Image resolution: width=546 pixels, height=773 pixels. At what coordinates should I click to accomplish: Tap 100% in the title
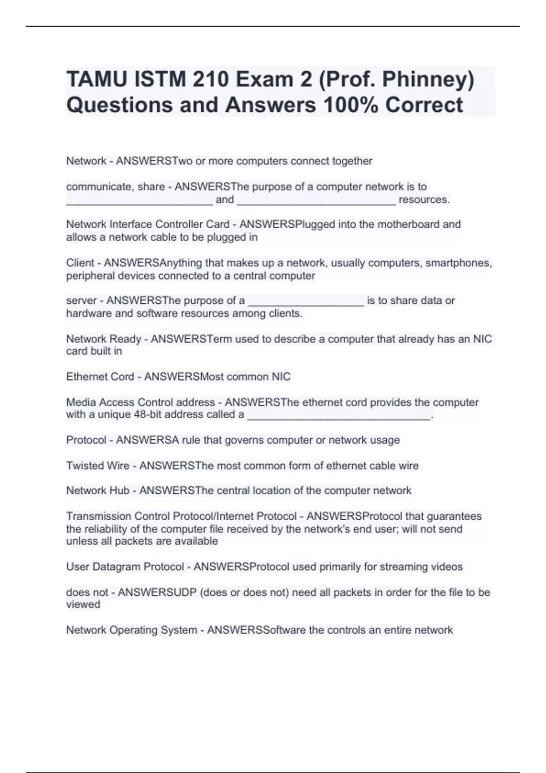pyautogui.click(x=351, y=105)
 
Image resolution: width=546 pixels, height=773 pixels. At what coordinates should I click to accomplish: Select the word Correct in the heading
pyautogui.click(x=424, y=105)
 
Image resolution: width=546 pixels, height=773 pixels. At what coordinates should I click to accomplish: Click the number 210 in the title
pyautogui.click(x=210, y=80)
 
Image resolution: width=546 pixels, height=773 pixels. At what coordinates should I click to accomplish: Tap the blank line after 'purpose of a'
pyautogui.click(x=306, y=301)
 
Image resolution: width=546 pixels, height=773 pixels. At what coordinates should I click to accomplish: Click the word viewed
pyautogui.click(x=83, y=604)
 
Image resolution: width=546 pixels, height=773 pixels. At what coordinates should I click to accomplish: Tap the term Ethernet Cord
pyautogui.click(x=100, y=376)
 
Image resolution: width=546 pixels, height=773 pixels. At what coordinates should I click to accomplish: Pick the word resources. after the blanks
pyautogui.click(x=424, y=200)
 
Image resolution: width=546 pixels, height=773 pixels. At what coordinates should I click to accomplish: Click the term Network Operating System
pyautogui.click(x=131, y=630)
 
